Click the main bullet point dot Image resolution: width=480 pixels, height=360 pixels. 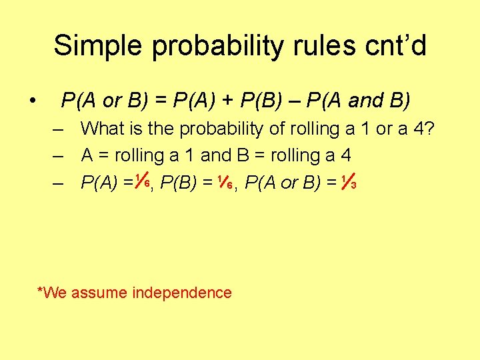[x=32, y=101]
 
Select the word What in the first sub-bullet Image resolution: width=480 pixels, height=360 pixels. [x=102, y=129]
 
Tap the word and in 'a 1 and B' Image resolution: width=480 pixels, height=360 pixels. [x=215, y=155]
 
